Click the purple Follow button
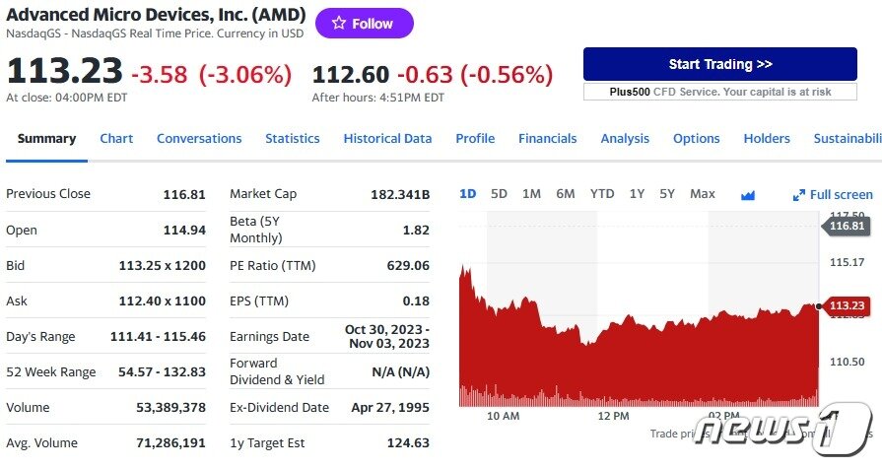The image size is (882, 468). [364, 24]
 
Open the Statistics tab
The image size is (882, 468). [292, 139]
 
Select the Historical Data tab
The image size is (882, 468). [387, 139]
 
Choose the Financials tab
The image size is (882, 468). [547, 139]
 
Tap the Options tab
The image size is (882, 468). [696, 139]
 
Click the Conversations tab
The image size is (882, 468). [199, 139]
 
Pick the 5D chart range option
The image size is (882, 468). [499, 194]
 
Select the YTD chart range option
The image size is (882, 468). [601, 194]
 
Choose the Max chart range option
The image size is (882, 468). [702, 194]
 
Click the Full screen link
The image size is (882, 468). [833, 195]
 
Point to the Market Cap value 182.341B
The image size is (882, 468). [399, 194]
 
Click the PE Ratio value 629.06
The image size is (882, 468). [408, 266]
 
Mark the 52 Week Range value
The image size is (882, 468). [158, 372]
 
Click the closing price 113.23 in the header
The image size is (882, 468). [64, 73]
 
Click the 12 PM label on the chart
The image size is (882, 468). [613, 416]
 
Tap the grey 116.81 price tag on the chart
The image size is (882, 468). [846, 227]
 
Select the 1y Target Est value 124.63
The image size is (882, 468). [408, 443]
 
